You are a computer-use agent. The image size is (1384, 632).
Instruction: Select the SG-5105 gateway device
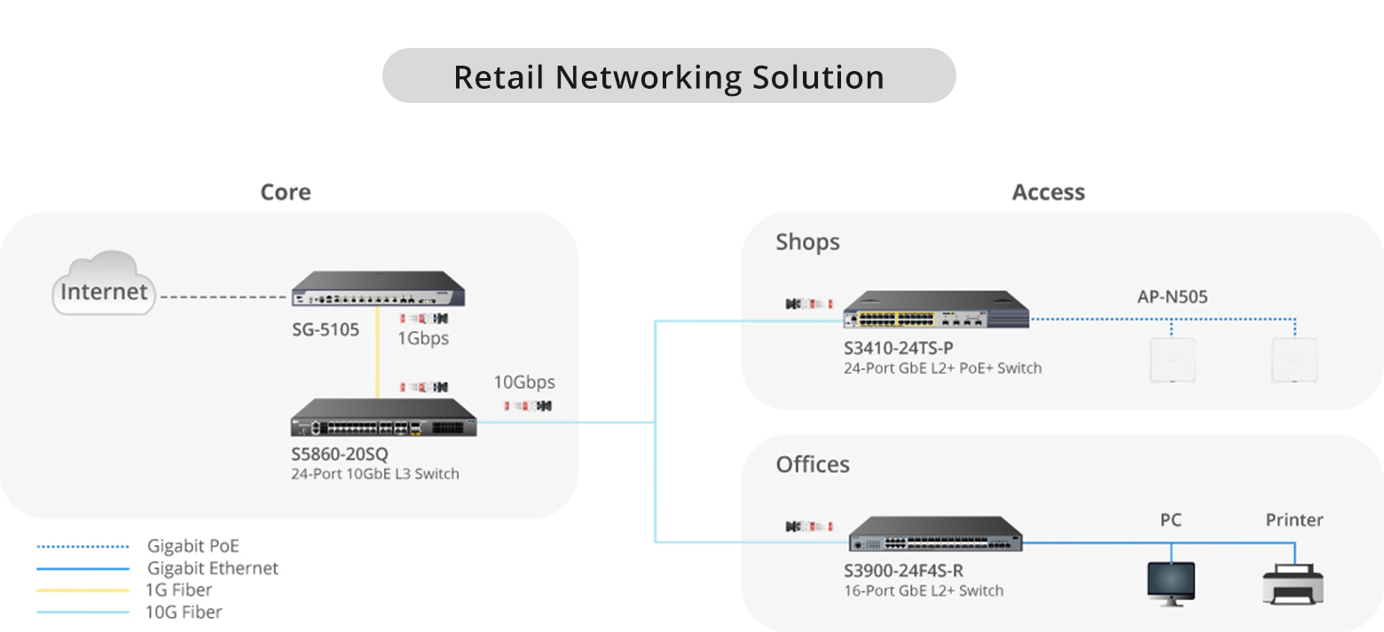click(380, 289)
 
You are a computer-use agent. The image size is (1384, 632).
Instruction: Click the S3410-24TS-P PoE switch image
click(935, 311)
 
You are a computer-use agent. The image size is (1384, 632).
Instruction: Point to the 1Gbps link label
click(423, 338)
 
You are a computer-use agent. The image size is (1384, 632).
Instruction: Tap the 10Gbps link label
click(524, 383)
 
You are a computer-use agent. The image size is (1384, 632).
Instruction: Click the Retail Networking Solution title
click(669, 77)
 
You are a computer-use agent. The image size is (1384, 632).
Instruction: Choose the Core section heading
click(286, 193)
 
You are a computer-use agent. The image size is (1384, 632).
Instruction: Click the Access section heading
click(1049, 193)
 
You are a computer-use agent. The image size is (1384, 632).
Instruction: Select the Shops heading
click(807, 242)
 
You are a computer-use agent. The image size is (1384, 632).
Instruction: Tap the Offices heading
click(813, 464)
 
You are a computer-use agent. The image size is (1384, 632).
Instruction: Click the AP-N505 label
click(1172, 296)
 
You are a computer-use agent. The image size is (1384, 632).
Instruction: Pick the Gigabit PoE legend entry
click(193, 546)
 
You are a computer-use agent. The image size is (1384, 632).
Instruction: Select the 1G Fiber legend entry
click(180, 590)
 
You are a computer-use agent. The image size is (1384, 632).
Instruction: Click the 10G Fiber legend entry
click(184, 612)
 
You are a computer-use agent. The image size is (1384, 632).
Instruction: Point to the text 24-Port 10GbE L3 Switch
click(375, 474)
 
